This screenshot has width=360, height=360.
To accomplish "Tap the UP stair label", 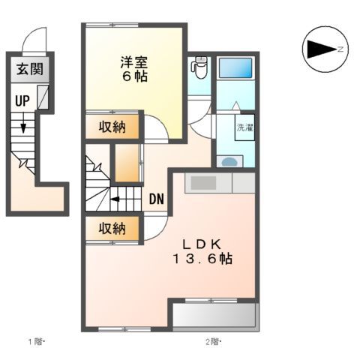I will [21, 99].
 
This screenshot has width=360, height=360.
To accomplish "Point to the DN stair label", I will [156, 199].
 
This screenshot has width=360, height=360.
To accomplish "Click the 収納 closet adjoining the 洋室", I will [113, 127].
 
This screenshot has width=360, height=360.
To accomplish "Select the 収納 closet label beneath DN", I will [112, 228].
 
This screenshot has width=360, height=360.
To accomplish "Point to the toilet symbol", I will [199, 68].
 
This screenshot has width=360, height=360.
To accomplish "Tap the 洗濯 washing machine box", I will [245, 128].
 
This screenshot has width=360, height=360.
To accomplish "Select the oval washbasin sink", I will [229, 160].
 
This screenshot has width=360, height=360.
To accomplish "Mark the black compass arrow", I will [321, 49].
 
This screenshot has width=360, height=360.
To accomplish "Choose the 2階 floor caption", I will [214, 343].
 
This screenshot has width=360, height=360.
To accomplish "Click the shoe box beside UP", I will [43, 96].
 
